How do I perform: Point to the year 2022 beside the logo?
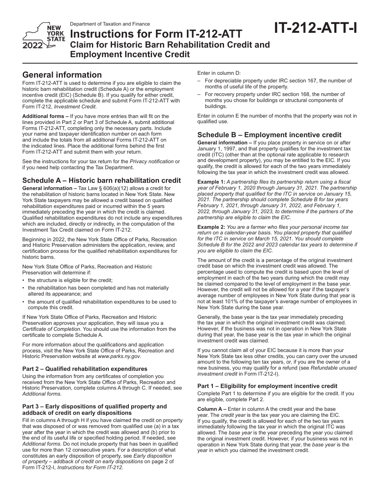33,45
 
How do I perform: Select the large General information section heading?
62,75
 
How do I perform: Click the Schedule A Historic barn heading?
102,180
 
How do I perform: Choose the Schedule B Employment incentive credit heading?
269,135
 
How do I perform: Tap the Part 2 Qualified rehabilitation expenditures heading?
85,369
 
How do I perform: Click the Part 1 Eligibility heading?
267,386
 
